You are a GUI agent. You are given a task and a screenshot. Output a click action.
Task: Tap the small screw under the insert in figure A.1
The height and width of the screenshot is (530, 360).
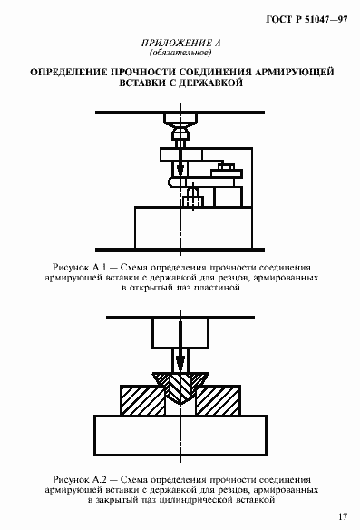click(193, 191)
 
